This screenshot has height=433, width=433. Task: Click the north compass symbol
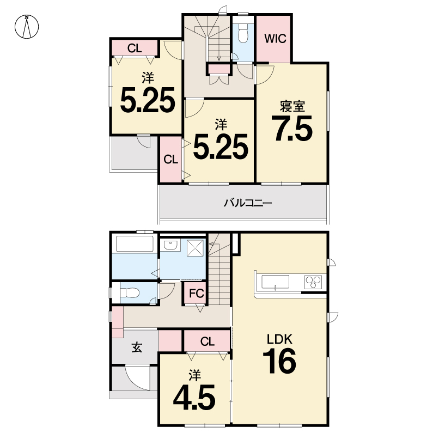(27, 27)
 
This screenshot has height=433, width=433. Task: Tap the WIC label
(275, 39)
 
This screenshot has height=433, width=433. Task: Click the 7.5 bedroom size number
(292, 128)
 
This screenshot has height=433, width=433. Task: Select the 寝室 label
(292, 106)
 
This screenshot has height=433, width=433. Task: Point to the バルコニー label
(248, 203)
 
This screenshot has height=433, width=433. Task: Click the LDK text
(279, 339)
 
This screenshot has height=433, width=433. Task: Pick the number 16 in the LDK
(279, 361)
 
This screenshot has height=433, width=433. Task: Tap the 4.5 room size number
(194, 397)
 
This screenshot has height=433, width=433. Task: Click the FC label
(196, 293)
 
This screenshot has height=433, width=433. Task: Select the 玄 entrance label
(137, 347)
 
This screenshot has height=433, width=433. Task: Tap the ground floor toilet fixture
(130, 292)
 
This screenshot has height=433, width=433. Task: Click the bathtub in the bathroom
(135, 243)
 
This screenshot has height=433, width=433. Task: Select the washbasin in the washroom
(171, 245)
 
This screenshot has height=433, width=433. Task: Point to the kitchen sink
(275, 282)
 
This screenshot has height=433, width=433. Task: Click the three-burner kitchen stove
(313, 282)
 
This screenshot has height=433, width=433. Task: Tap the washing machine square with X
(195, 248)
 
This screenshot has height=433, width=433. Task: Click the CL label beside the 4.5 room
(208, 342)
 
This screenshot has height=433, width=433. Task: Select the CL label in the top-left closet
(135, 48)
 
